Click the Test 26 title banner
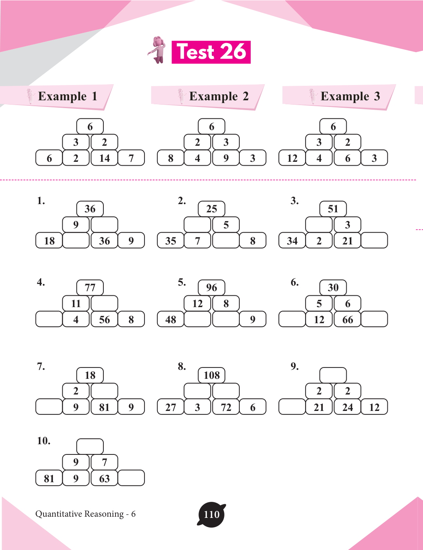click(x=211, y=52)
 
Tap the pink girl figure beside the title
click(x=157, y=50)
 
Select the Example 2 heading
click(x=219, y=96)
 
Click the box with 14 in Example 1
click(x=104, y=158)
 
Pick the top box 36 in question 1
click(x=90, y=209)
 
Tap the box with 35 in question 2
click(x=170, y=241)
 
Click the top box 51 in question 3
click(x=333, y=209)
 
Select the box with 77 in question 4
click(x=90, y=288)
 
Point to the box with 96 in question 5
click(x=211, y=288)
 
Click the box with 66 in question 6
click(x=348, y=319)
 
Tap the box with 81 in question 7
click(x=104, y=407)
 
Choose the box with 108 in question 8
click(x=211, y=375)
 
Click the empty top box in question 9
click(x=333, y=375)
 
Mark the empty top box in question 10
click(x=90, y=447)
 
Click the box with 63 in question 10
click(x=104, y=478)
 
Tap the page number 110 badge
click(x=211, y=515)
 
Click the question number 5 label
click(x=182, y=282)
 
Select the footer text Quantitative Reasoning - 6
click(x=85, y=514)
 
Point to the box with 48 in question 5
click(x=170, y=319)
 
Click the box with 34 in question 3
click(x=292, y=241)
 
